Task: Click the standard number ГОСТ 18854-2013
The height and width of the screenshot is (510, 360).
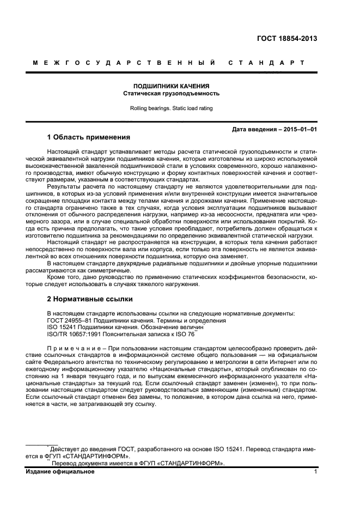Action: tap(286, 39)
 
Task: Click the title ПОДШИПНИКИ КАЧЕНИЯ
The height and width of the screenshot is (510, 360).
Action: tap(172, 86)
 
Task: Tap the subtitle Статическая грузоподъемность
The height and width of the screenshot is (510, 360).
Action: tap(172, 93)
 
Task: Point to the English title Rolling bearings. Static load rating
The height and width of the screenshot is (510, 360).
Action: tap(172, 108)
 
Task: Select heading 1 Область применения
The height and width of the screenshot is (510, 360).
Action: tap(89, 137)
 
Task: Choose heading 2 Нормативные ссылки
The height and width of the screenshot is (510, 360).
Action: tap(90, 300)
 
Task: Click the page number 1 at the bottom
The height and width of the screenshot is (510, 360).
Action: tap(315, 472)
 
